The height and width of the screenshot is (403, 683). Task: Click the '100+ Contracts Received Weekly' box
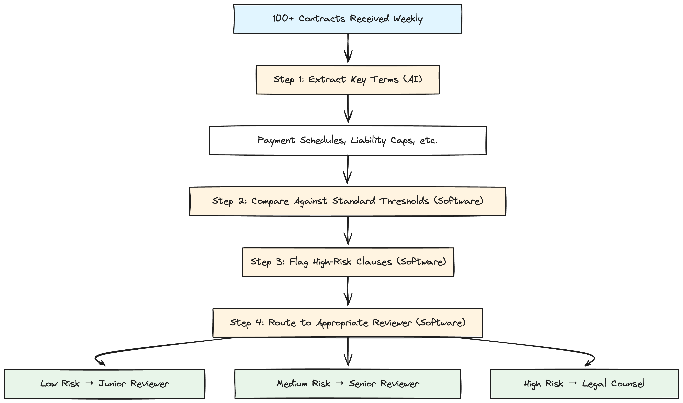coord(348,19)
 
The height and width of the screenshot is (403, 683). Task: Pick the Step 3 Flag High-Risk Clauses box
coord(348,262)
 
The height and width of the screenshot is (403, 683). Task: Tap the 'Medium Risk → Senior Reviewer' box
coord(348,384)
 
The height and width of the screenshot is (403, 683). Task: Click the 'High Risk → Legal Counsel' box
coord(584,384)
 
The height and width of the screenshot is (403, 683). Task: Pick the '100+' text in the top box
coord(283,19)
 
